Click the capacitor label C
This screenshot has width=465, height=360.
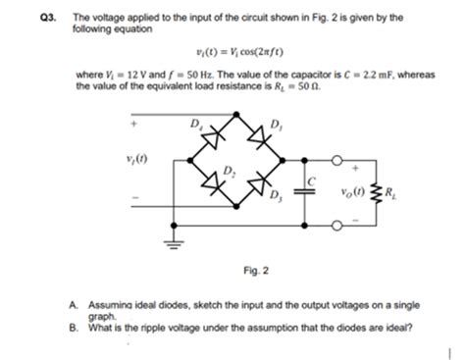(312, 180)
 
